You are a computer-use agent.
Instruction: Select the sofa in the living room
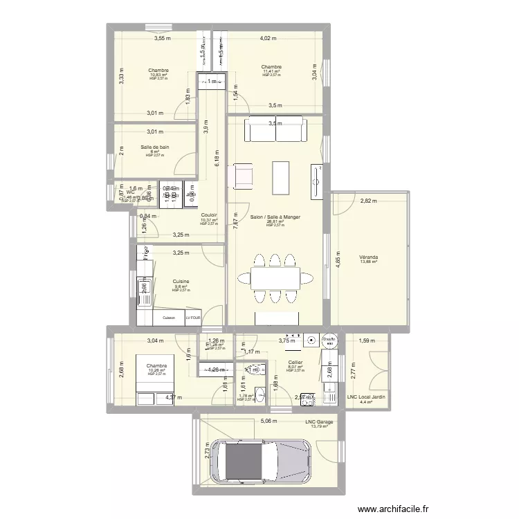pos(275,129)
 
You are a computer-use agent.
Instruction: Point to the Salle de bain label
pos(155,147)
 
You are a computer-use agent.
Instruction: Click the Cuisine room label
pos(181,282)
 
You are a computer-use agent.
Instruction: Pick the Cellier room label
pos(295,362)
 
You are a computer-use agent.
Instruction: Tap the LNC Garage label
pos(319,421)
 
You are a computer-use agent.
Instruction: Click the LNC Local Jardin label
pos(366,397)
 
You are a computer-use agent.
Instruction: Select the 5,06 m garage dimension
pos(267,420)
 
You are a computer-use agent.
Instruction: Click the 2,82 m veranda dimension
pos(369,201)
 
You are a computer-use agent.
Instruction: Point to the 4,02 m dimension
pos(268,39)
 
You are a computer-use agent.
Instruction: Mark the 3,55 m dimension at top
pos(162,39)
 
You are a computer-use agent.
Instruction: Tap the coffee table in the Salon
pos(280,177)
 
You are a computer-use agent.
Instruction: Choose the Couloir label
pos(209,215)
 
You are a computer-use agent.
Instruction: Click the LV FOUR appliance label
pos(196,318)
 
